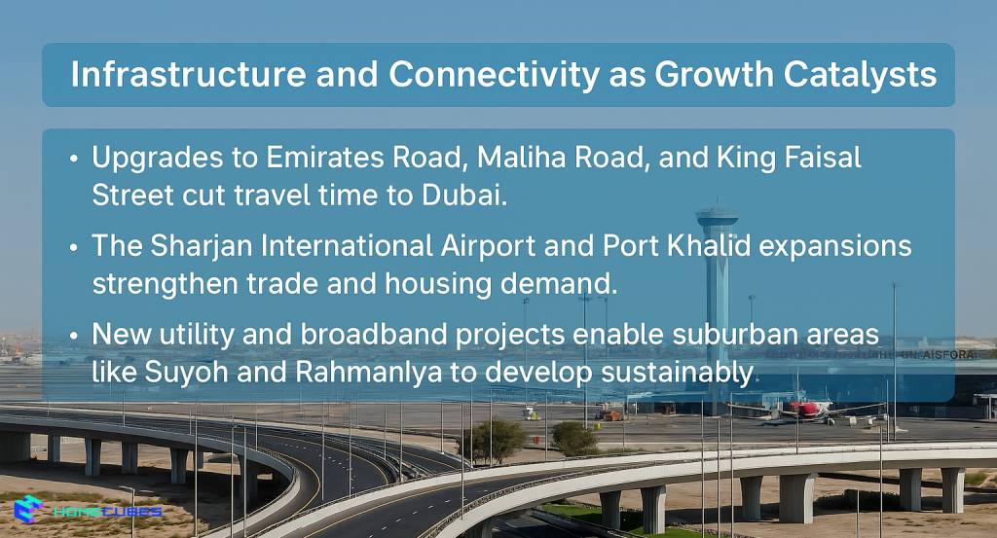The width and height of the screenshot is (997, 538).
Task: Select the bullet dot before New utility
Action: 75,336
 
